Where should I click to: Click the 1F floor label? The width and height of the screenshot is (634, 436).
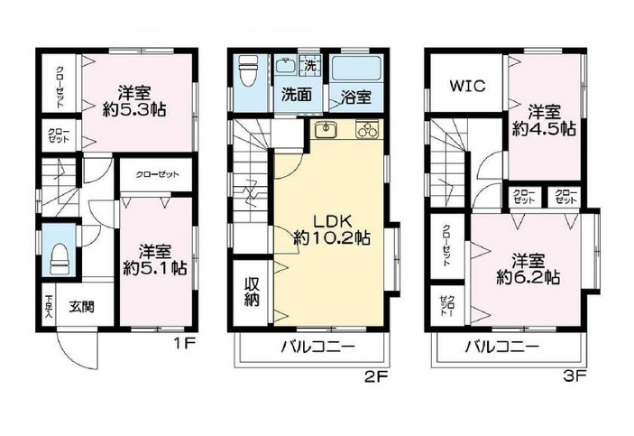click(185, 344)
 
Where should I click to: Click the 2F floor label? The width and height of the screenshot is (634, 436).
click(376, 377)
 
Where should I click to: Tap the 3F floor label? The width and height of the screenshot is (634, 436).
click(574, 377)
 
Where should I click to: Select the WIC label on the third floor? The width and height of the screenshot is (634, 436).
click(467, 86)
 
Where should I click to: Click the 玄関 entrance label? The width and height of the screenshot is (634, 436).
click(81, 307)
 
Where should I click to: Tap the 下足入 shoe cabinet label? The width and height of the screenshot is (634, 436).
click(49, 306)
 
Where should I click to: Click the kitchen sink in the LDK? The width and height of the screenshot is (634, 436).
click(326, 130)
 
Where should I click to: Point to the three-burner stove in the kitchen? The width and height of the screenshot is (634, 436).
click(367, 130)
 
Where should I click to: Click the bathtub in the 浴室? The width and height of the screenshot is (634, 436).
click(356, 69)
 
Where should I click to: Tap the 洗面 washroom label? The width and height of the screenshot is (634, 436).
click(297, 95)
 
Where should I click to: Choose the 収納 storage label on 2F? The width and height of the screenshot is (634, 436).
click(251, 292)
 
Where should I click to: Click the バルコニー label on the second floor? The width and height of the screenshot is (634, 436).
click(318, 347)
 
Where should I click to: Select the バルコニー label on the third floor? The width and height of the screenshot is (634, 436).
click(501, 347)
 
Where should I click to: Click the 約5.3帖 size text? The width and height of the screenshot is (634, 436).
click(134, 110)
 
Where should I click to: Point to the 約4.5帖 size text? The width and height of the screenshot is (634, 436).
click(544, 129)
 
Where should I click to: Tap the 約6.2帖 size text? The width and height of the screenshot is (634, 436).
click(528, 278)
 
